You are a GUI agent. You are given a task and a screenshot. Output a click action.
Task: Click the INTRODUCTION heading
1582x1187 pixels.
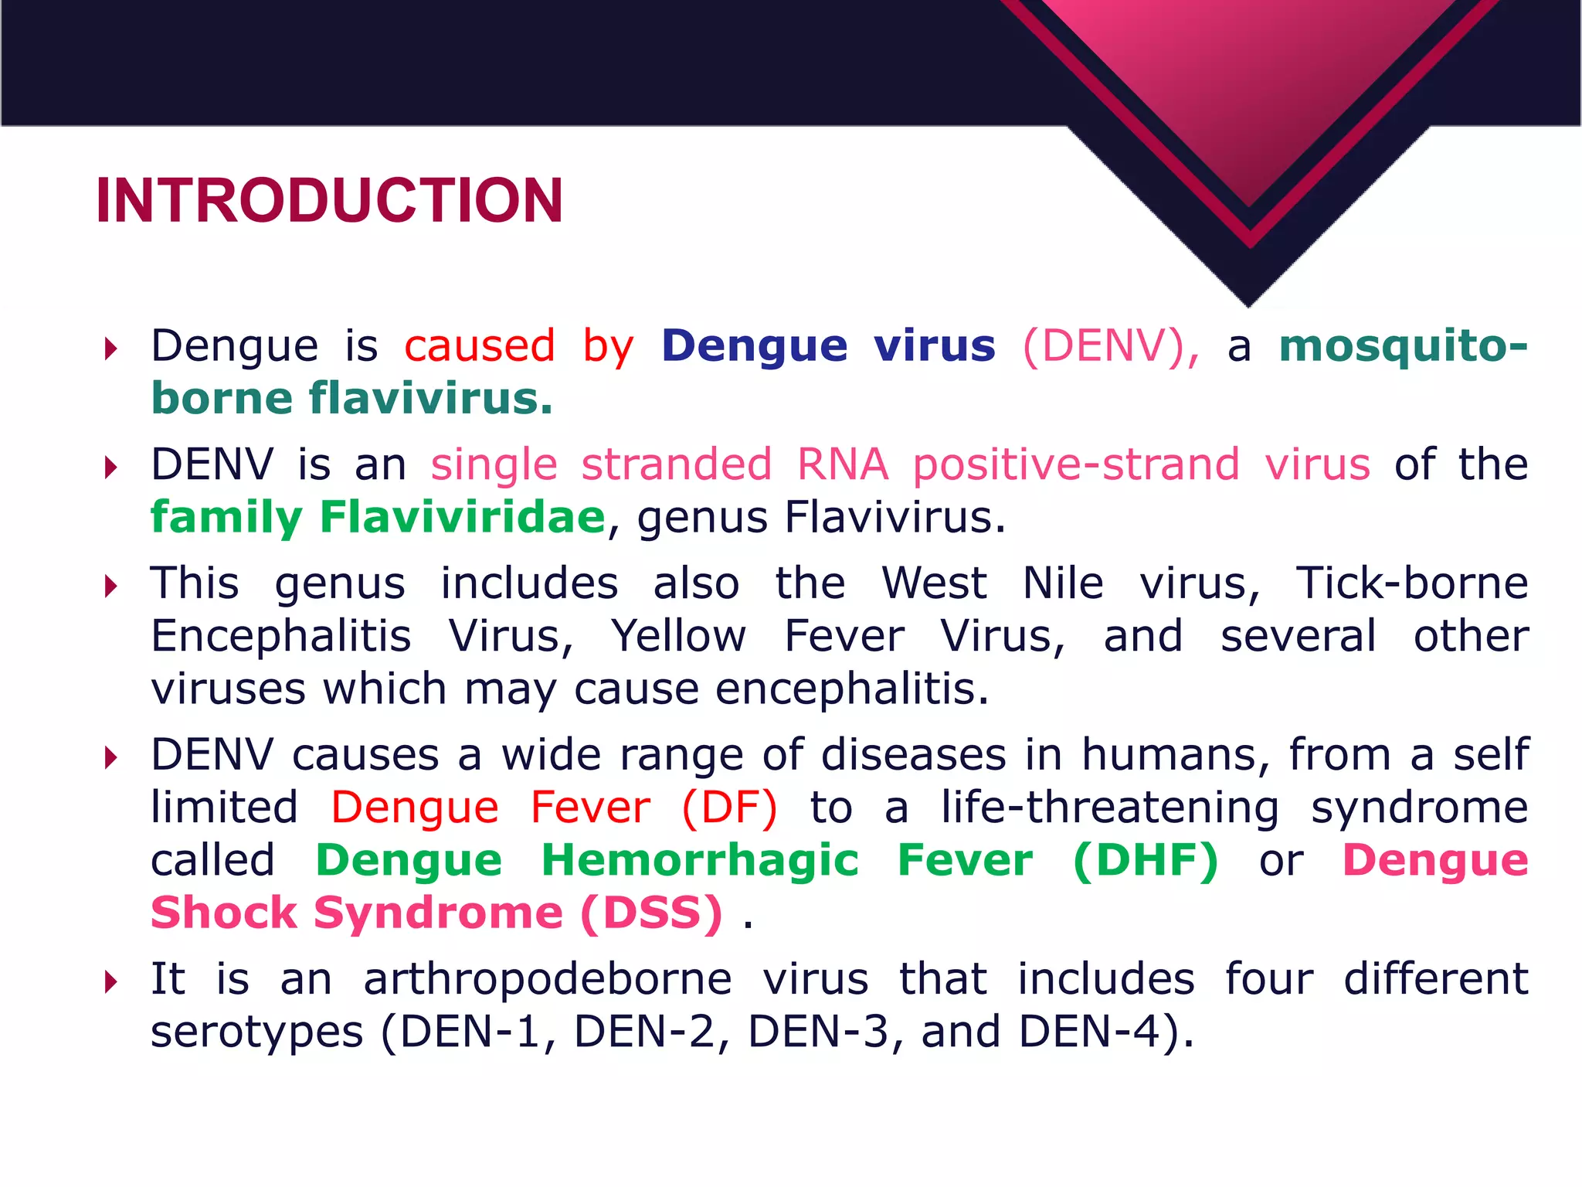329,201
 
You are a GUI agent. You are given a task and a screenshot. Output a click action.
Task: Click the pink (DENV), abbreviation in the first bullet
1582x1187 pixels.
1111,345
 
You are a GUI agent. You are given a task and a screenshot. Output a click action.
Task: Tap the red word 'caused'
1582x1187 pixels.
480,345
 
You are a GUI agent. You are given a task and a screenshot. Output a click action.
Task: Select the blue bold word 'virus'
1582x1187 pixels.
935,345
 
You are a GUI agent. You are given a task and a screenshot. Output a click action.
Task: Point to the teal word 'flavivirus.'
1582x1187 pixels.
431,399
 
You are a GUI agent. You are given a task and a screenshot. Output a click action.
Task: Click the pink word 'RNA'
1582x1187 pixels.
842,464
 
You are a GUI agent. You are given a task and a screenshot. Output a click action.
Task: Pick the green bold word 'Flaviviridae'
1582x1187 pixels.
462,517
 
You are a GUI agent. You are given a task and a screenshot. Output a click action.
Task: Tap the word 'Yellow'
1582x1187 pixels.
678,636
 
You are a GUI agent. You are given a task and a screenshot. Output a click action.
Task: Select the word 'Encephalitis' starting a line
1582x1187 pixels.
281,636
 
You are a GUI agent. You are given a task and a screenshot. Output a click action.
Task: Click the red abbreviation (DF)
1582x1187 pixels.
729,808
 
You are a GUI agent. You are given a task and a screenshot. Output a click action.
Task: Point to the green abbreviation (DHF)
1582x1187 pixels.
1146,860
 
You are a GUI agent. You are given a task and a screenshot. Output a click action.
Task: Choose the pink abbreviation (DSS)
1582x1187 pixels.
651,913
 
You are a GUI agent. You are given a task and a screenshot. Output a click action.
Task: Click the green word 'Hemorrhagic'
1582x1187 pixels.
700,860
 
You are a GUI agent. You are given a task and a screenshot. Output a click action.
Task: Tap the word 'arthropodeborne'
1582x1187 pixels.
547,979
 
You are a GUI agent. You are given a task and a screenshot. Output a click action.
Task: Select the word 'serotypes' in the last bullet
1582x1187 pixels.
256,1033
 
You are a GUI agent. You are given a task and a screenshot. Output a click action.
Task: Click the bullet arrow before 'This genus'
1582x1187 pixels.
111,586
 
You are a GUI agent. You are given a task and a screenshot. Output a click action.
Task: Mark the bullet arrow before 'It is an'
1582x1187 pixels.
111,982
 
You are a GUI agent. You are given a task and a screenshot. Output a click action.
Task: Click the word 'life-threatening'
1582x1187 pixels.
1109,808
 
